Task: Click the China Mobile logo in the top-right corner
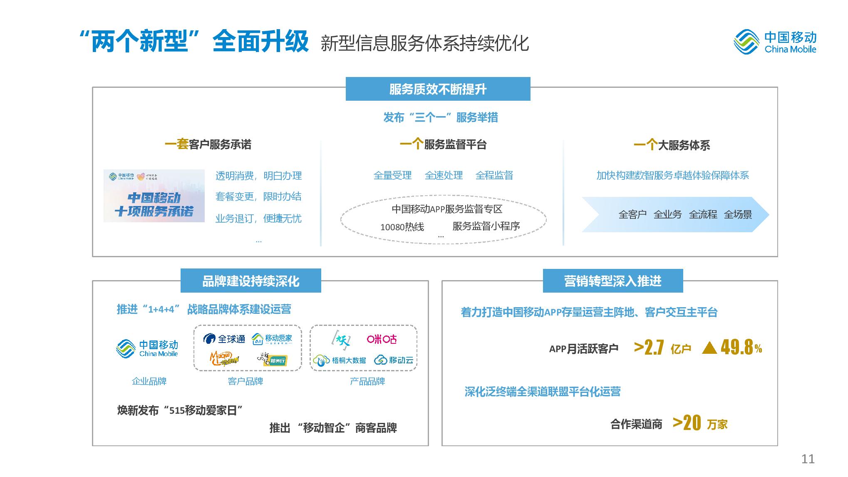click(775, 42)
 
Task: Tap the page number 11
click(808, 459)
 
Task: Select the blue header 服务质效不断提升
click(438, 89)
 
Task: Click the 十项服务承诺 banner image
click(154, 196)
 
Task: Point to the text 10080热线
click(402, 227)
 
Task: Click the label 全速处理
click(444, 176)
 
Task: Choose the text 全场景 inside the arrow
click(738, 215)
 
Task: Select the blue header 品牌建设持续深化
click(250, 281)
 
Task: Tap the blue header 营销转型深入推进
click(612, 281)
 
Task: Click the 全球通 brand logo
click(224, 339)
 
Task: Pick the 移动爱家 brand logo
click(272, 339)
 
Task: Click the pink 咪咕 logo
click(382, 339)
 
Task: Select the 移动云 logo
click(394, 360)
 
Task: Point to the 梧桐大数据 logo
click(340, 360)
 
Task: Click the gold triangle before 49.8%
click(709, 348)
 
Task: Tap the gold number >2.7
click(649, 348)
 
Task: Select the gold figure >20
click(687, 423)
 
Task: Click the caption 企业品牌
click(149, 381)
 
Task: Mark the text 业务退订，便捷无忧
click(258, 219)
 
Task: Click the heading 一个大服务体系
click(672, 145)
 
